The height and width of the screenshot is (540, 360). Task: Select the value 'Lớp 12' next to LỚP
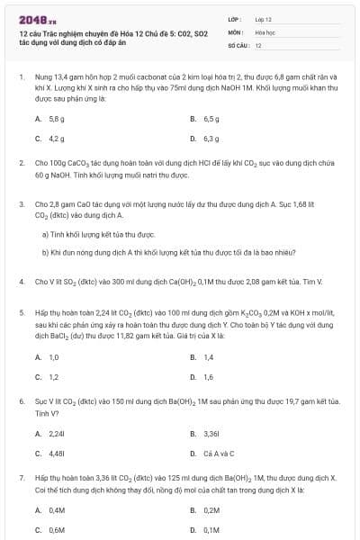264,18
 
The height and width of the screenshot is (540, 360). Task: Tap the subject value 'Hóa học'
265,31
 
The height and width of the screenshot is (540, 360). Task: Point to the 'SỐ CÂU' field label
237,44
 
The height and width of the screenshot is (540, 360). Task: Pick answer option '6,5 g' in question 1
211,119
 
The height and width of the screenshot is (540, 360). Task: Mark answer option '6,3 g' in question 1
211,139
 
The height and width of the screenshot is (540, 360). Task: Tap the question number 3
21,204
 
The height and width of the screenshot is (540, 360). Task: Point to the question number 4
21,282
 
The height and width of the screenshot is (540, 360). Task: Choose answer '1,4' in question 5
209,357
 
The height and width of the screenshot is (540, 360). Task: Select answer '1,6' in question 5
209,377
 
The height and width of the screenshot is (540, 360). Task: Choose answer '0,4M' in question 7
58,509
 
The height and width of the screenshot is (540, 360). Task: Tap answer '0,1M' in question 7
211,529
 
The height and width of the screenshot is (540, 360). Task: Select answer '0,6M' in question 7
58,529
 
